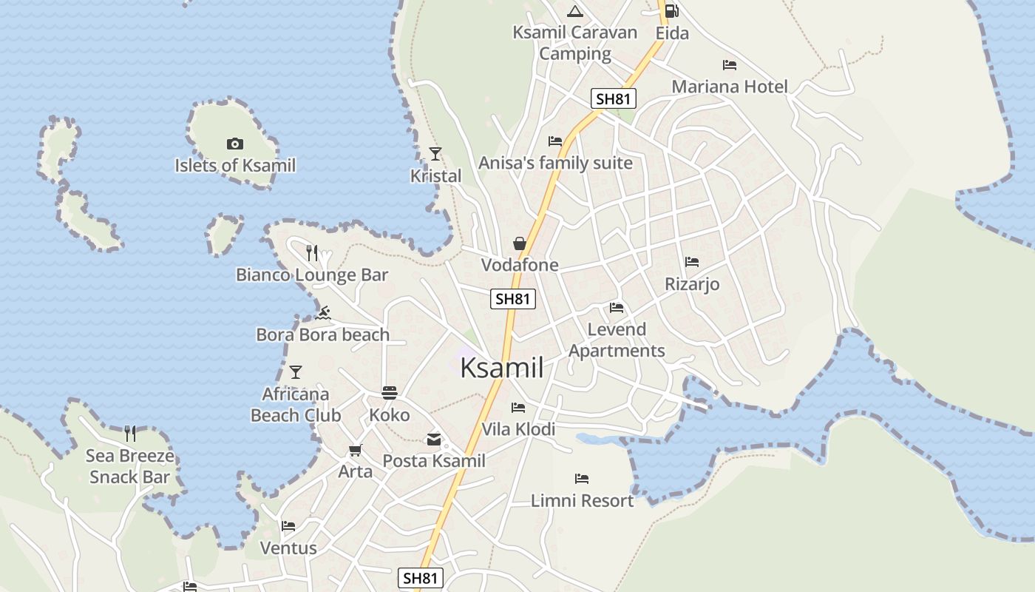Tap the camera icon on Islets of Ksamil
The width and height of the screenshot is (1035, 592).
tap(234, 144)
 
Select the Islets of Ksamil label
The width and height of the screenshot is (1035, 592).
tap(234, 165)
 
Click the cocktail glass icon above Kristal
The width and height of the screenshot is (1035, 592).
tap(435, 154)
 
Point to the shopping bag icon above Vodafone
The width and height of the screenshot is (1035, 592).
tap(520, 243)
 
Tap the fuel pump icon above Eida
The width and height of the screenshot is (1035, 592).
tap(671, 11)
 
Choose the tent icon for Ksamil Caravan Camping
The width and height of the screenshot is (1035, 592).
tap(574, 11)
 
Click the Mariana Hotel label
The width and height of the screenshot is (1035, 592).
tap(729, 87)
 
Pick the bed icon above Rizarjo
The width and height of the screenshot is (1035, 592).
tap(692, 262)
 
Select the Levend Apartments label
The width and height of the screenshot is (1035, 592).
tap(617, 340)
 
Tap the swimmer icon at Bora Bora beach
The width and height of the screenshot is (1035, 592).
tap(322, 313)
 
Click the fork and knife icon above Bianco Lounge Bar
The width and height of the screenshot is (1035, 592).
tap(312, 253)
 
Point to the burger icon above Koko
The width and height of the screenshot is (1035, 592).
tap(390, 392)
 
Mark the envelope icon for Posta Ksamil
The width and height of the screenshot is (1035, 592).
tap(434, 440)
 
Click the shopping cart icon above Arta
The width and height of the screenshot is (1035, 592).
tap(356, 450)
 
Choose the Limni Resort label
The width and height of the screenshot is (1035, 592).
tap(582, 501)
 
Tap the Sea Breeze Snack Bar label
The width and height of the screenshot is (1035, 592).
tap(130, 466)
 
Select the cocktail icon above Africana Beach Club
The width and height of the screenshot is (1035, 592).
tap(296, 371)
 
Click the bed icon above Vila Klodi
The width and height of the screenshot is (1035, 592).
tap(518, 408)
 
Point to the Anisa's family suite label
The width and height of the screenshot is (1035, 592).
tap(555, 163)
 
